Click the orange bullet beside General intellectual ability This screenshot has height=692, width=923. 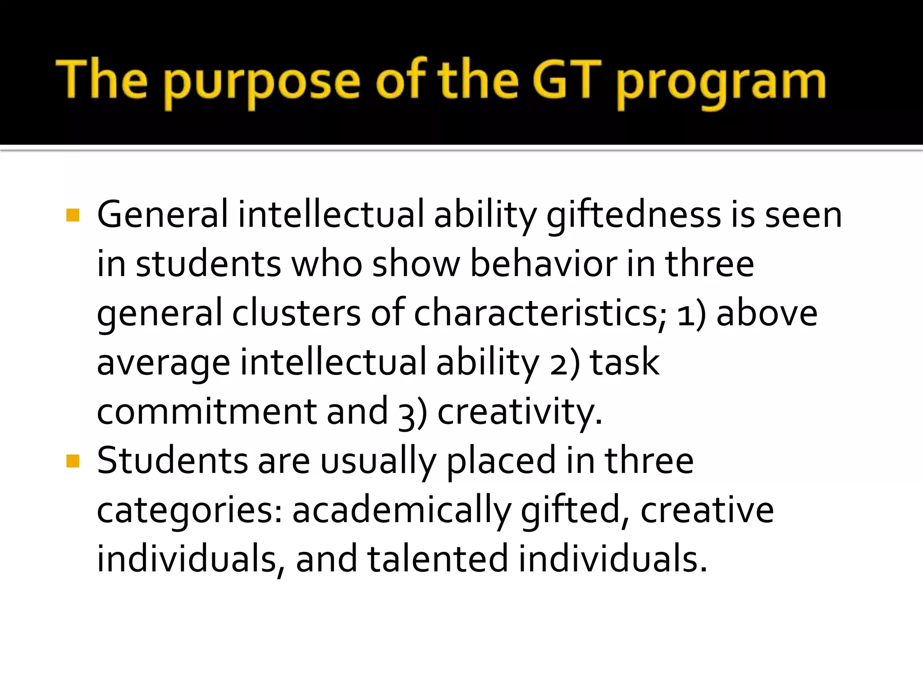(x=73, y=215)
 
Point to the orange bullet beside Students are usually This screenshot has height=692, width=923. (x=73, y=461)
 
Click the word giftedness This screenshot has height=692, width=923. (x=633, y=215)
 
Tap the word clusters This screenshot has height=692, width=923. (x=296, y=313)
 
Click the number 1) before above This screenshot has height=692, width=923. (x=691, y=314)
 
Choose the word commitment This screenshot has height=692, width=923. (x=206, y=411)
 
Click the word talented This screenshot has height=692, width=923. (x=438, y=559)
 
